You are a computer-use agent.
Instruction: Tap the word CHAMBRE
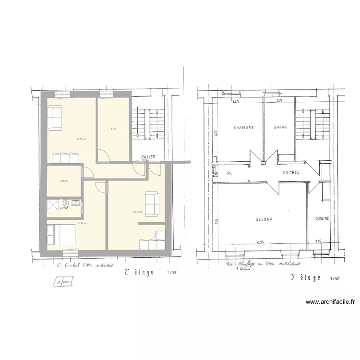coord(243,128)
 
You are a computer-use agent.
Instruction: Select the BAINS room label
coord(280,127)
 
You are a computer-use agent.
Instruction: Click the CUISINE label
coord(322,218)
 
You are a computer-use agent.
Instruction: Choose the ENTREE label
coord(291,172)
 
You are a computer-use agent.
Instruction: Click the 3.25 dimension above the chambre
coord(236,102)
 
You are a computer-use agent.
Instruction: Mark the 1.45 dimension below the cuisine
coord(318,241)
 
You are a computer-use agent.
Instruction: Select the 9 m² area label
coord(113,129)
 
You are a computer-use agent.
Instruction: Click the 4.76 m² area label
coord(63,181)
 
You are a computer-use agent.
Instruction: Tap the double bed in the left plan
coord(60,236)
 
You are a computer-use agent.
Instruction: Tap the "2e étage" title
coord(139,272)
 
